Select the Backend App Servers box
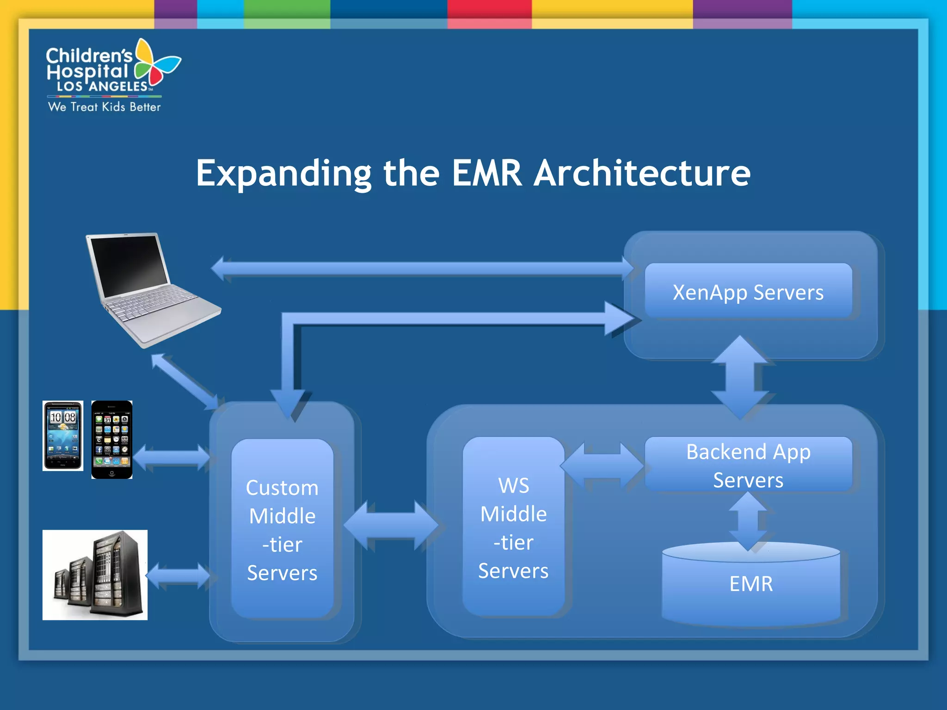click(x=748, y=465)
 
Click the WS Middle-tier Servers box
click(x=513, y=527)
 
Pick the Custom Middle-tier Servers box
click(x=282, y=529)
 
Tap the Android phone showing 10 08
click(x=63, y=435)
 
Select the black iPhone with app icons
click(x=112, y=439)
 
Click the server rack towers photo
click(x=95, y=575)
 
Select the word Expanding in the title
click(x=283, y=173)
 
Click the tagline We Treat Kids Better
click(x=105, y=107)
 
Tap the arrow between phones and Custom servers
click(x=172, y=457)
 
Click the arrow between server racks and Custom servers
click(x=178, y=575)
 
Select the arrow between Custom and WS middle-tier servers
click(x=391, y=526)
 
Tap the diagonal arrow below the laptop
click(x=185, y=382)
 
